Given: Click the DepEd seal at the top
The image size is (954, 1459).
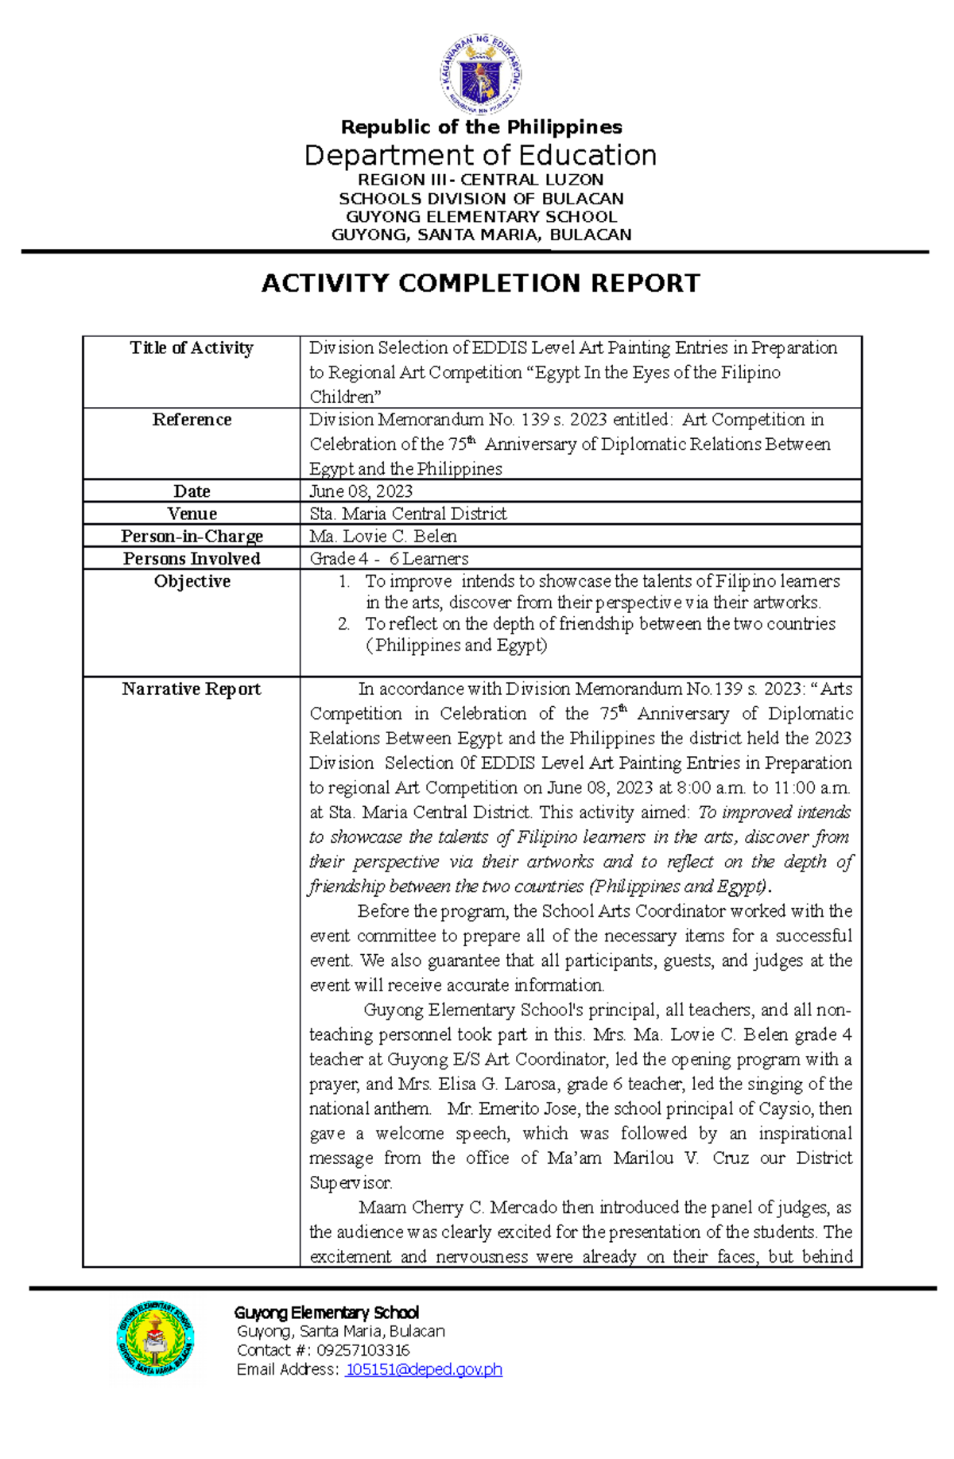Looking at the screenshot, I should [480, 75].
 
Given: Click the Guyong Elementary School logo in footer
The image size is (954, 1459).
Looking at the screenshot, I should [155, 1338].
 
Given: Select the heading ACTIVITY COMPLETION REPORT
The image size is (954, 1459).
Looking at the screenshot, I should [480, 283].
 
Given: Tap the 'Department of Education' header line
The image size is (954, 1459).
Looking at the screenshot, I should [480, 155].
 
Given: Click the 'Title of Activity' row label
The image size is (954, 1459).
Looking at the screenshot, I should [192, 347].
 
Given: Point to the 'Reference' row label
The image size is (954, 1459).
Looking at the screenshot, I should [192, 419].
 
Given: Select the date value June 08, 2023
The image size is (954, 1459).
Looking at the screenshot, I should [361, 491].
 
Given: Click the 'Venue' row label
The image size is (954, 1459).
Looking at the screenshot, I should [192, 514].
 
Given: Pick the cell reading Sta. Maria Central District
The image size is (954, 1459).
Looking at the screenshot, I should [408, 514].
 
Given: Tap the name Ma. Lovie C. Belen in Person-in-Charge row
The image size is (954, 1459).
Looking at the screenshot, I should [383, 536].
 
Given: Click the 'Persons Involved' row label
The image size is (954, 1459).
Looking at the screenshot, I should [192, 558].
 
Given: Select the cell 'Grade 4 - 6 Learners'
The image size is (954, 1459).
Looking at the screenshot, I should [389, 558].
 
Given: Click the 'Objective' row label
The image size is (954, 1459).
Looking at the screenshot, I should [192, 581].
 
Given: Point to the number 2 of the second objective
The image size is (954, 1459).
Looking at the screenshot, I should [343, 624].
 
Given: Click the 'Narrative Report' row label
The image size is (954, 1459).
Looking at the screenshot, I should [192, 689].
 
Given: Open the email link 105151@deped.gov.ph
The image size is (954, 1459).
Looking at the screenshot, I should [423, 1369].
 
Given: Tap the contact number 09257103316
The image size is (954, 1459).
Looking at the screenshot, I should [363, 1350].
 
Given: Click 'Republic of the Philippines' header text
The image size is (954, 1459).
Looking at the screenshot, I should [481, 127].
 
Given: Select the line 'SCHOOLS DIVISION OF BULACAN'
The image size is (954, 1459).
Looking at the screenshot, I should [481, 199].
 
